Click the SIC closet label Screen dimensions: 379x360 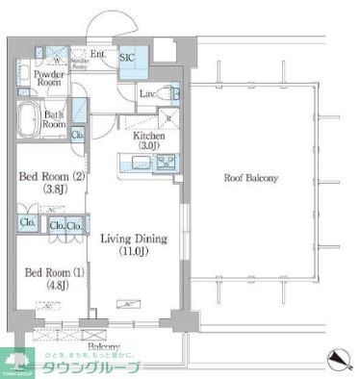click(x=127, y=59)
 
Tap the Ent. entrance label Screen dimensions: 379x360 click(x=98, y=55)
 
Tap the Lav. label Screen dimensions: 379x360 click(x=148, y=94)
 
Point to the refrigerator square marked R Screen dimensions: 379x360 click(x=168, y=119)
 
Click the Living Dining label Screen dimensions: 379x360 click(x=136, y=239)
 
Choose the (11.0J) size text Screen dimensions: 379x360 click(x=136, y=251)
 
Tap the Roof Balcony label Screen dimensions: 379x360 click(x=251, y=179)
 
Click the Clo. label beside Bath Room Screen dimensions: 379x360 click(x=76, y=135)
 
